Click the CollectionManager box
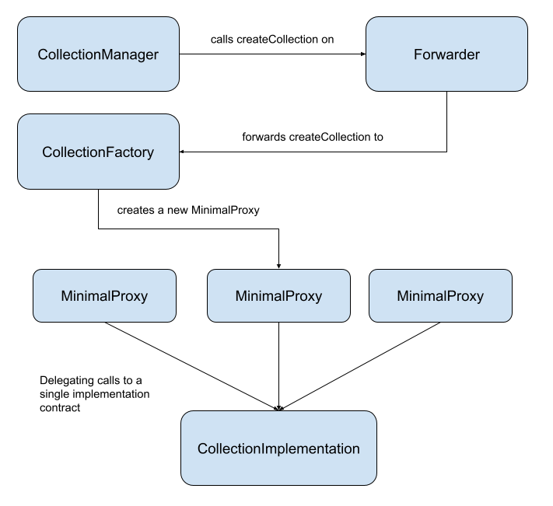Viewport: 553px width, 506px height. [99, 54]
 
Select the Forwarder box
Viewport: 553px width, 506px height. [446, 54]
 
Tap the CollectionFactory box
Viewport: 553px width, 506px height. [99, 152]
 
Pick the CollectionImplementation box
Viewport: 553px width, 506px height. [278, 448]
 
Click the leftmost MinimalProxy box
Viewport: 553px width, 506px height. [104, 296]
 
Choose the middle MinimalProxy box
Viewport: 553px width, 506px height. [278, 296]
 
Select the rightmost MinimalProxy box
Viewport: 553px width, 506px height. [440, 296]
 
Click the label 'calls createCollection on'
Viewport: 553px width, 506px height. [272, 39]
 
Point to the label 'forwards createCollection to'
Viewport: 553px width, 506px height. [313, 137]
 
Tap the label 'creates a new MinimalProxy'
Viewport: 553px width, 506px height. [187, 211]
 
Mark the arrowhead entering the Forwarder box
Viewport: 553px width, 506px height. [362, 54]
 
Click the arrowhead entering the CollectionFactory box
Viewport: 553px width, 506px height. [184, 152]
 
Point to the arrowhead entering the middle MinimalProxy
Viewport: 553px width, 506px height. [278, 265]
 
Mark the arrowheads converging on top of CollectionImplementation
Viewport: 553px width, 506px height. [278, 407]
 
